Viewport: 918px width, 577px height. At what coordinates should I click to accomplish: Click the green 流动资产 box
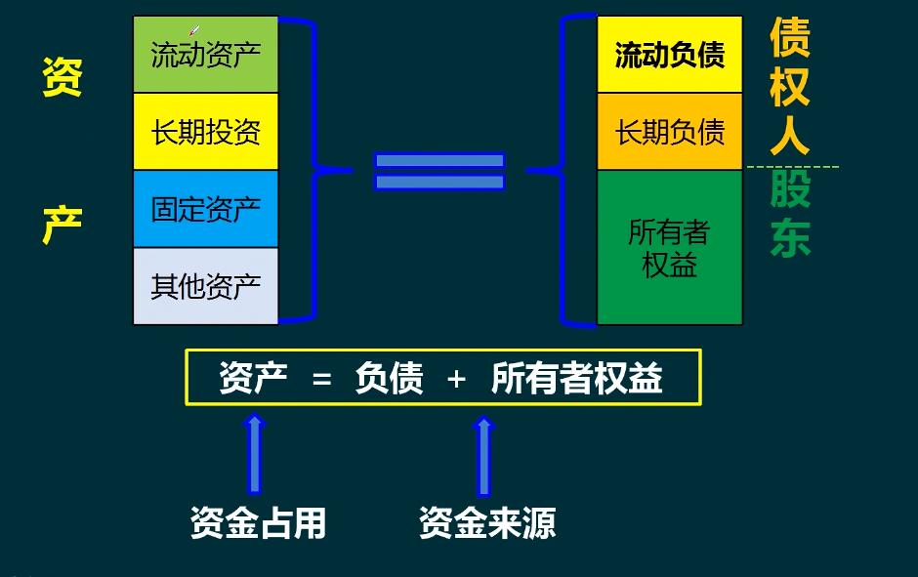tap(206, 55)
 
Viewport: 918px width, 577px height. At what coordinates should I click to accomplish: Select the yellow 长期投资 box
tap(206, 132)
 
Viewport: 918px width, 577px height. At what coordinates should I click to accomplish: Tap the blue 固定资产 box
tap(206, 209)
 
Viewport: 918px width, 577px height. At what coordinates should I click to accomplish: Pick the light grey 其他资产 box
tap(206, 286)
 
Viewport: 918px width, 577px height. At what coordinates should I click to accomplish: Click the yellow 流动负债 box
tap(670, 55)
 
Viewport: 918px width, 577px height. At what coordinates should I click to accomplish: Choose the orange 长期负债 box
tap(670, 132)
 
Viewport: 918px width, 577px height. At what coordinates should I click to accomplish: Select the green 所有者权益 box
tap(670, 247)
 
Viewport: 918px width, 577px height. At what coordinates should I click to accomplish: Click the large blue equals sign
tap(439, 171)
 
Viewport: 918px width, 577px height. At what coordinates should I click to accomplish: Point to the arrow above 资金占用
tap(255, 453)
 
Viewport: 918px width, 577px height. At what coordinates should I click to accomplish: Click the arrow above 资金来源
tap(483, 455)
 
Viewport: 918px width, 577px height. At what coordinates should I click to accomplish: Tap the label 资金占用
tap(258, 523)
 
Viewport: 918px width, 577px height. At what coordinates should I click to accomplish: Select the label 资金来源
tap(487, 523)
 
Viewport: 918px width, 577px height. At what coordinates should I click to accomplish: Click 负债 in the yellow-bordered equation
tap(389, 378)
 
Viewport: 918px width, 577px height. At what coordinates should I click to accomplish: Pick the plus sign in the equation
tap(456, 379)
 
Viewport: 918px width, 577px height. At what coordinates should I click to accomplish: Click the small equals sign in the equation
tap(322, 380)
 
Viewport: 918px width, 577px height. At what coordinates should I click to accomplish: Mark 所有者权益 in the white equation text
tap(577, 378)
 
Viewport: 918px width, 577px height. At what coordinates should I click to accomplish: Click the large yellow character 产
tap(62, 226)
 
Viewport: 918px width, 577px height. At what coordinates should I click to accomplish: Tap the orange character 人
tap(789, 136)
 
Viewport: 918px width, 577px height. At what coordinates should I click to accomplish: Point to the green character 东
tap(790, 238)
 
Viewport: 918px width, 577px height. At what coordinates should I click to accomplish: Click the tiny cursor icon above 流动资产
tap(194, 31)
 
